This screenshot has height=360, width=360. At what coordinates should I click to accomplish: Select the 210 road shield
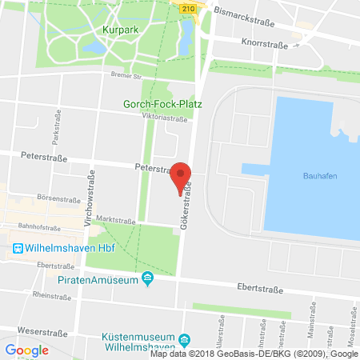pyautogui.click(x=187, y=8)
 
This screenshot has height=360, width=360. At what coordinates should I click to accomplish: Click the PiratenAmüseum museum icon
pyautogui.click(x=147, y=278)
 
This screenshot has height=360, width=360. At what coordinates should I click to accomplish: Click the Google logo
pyautogui.click(x=26, y=350)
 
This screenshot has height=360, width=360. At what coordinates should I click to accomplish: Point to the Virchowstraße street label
pyautogui.click(x=91, y=198)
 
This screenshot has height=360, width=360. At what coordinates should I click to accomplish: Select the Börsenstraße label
pyautogui.click(x=54, y=196)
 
